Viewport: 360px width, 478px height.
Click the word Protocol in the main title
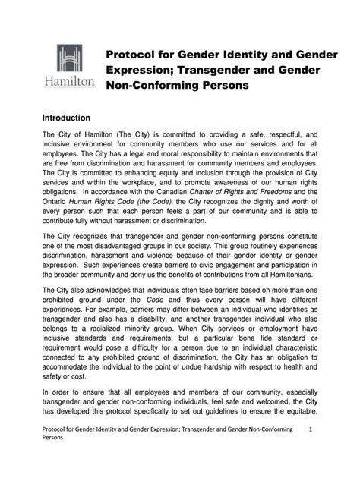(133, 54)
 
